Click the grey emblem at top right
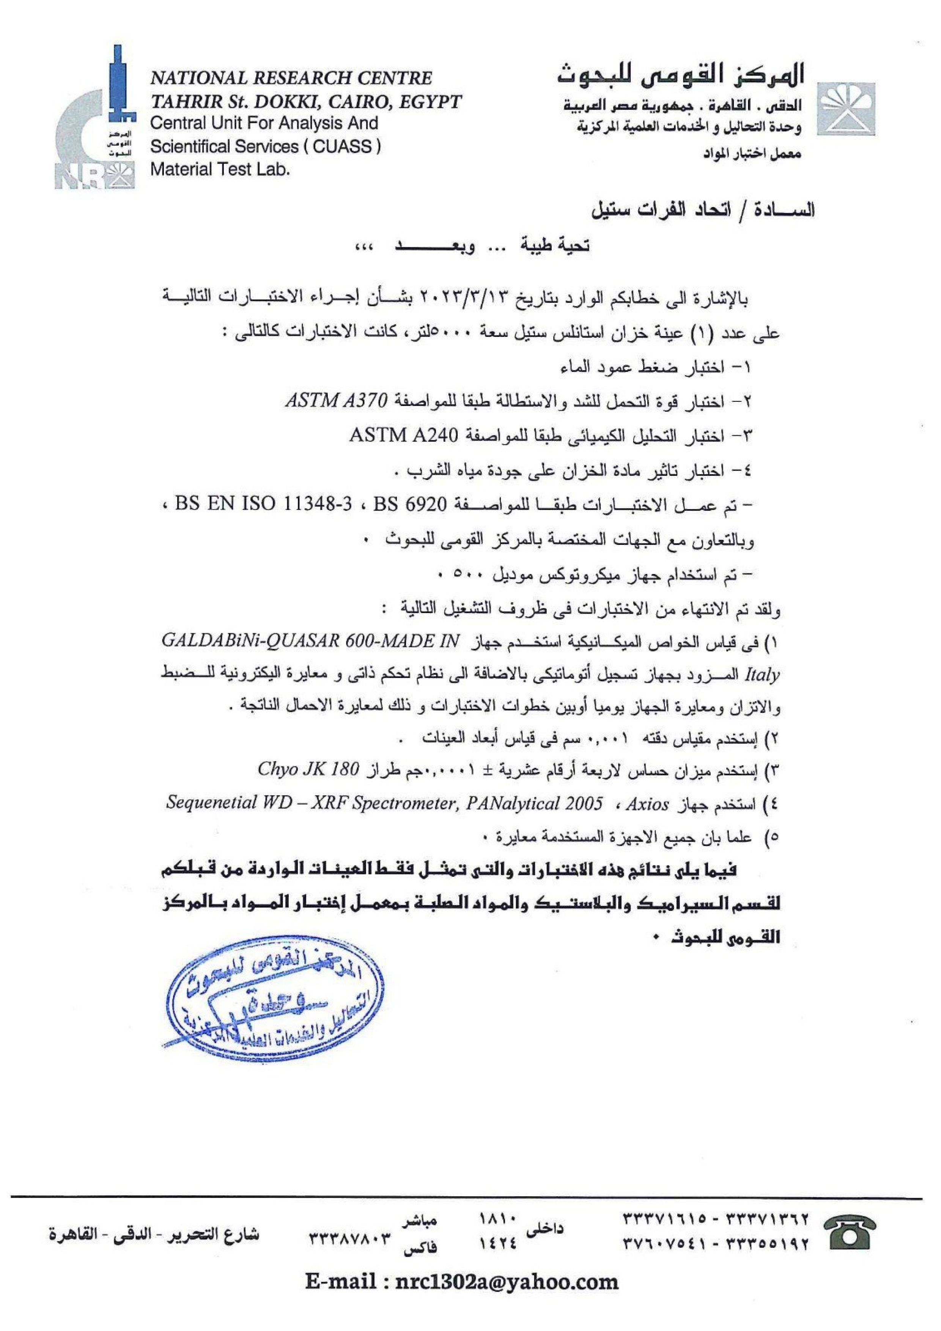(847, 109)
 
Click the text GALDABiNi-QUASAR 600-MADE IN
(308, 642)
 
